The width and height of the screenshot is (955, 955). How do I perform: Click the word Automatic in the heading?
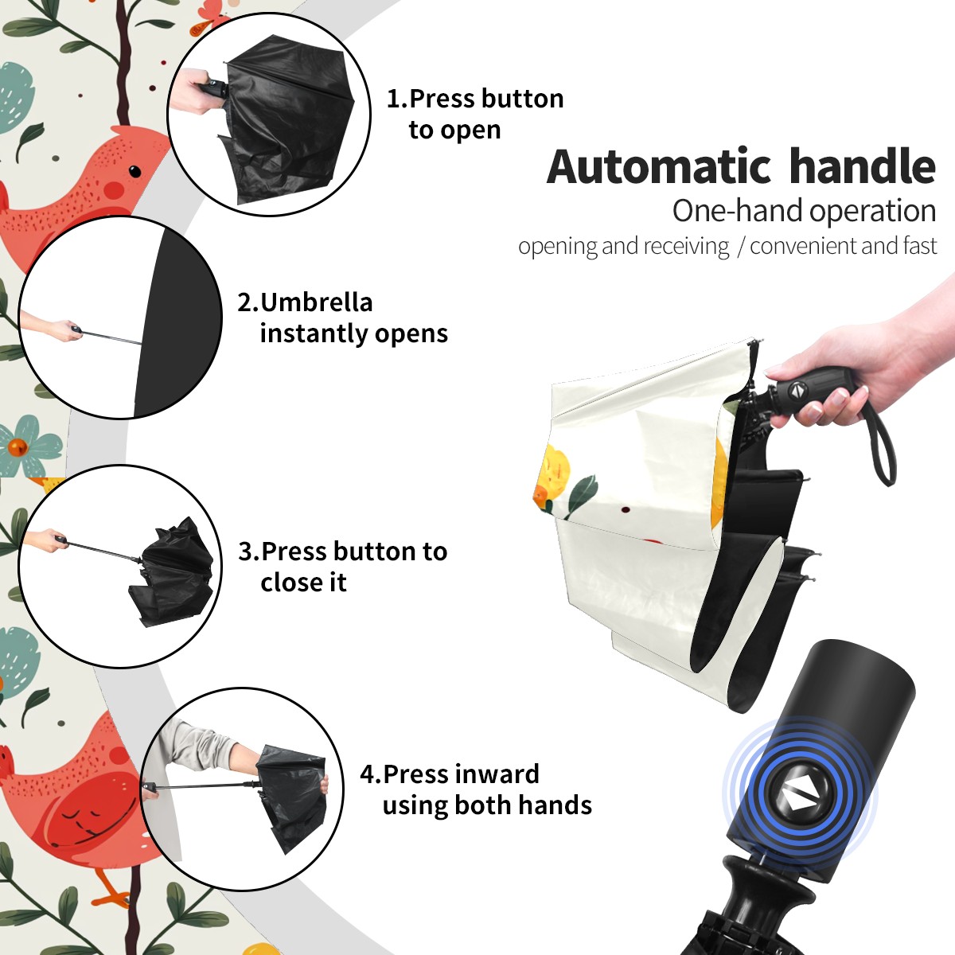(659, 166)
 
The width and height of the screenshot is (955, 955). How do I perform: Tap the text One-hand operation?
(804, 211)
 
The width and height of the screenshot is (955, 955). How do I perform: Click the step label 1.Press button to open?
(475, 114)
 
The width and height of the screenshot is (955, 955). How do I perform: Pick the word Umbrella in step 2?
(316, 302)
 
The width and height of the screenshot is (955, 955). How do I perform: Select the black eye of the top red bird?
(134, 171)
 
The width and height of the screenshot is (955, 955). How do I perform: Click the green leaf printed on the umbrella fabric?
(584, 493)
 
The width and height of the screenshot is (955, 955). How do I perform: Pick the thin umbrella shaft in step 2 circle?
(111, 337)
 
